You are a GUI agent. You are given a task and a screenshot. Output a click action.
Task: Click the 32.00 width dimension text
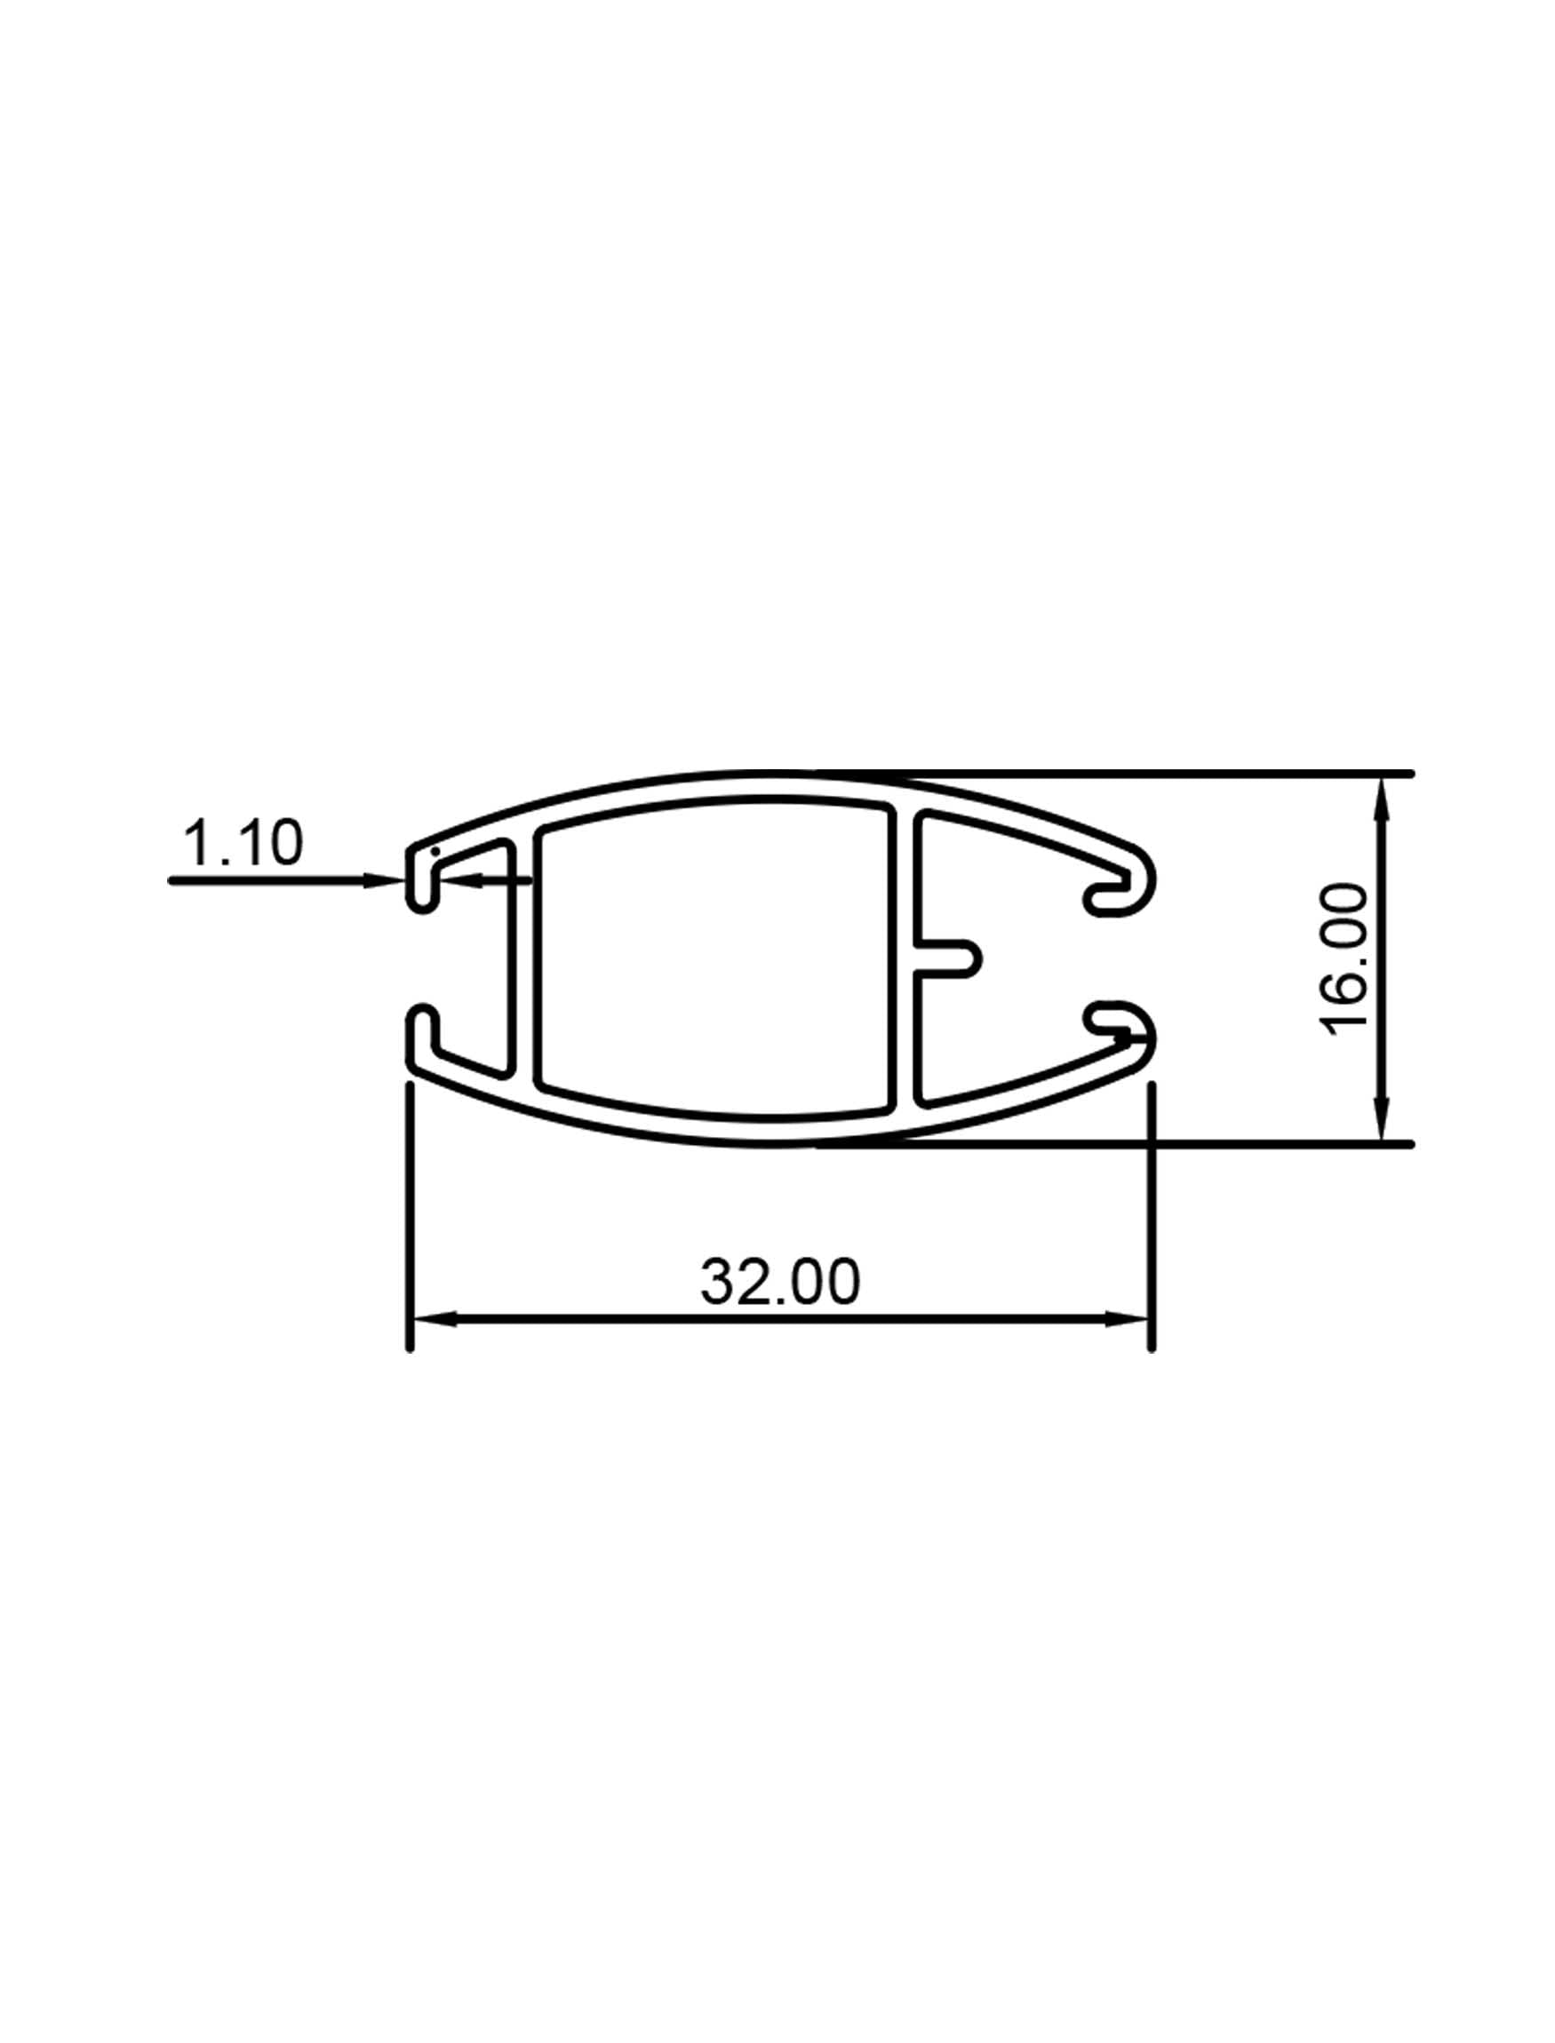[780, 1283]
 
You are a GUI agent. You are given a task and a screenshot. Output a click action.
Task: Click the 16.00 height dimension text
[1346, 959]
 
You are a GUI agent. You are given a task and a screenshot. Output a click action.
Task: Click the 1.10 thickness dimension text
[243, 844]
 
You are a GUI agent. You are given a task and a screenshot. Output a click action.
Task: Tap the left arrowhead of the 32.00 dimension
[434, 1320]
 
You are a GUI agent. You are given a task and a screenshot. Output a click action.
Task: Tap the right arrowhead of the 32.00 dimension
[1129, 1320]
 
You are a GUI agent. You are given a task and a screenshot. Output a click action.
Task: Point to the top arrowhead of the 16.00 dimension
[1382, 798]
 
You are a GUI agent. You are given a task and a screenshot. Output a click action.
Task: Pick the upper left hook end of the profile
[422, 879]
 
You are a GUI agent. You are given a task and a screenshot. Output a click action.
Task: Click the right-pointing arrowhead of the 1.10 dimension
[384, 880]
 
